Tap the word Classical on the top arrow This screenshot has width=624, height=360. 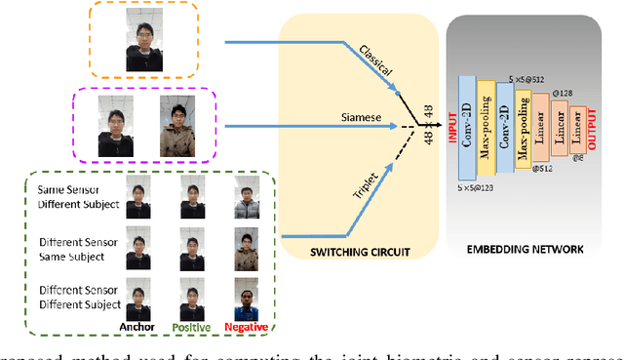[x=374, y=61]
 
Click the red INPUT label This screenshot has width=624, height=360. [x=452, y=125]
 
